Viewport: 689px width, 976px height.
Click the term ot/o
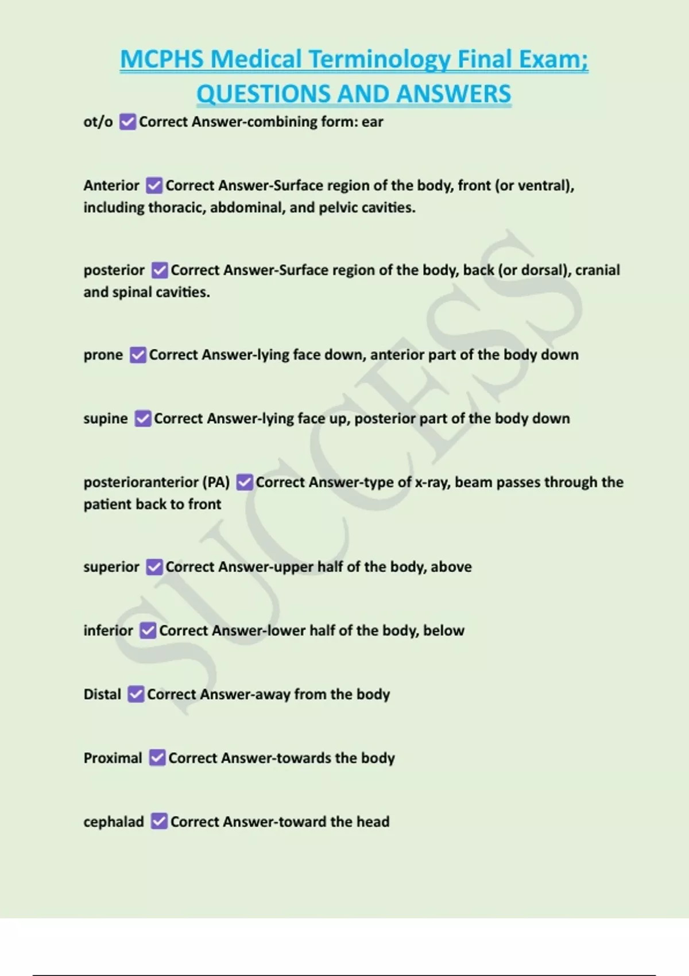pyautogui.click(x=98, y=122)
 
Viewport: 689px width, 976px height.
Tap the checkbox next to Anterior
pyautogui.click(x=154, y=185)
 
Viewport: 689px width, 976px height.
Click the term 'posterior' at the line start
pyautogui.click(x=114, y=270)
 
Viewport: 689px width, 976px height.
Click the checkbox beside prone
pyautogui.click(x=138, y=355)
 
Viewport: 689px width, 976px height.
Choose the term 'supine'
pyautogui.click(x=106, y=419)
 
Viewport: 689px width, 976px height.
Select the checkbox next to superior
pyautogui.click(x=154, y=567)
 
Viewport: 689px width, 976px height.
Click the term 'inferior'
pyautogui.click(x=108, y=630)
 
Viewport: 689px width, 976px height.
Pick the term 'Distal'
pyautogui.click(x=102, y=694)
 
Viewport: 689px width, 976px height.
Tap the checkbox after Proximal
pyautogui.click(x=157, y=758)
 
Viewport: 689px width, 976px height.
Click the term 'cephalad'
pyautogui.click(x=114, y=822)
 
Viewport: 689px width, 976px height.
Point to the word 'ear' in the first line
pyautogui.click(x=373, y=122)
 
